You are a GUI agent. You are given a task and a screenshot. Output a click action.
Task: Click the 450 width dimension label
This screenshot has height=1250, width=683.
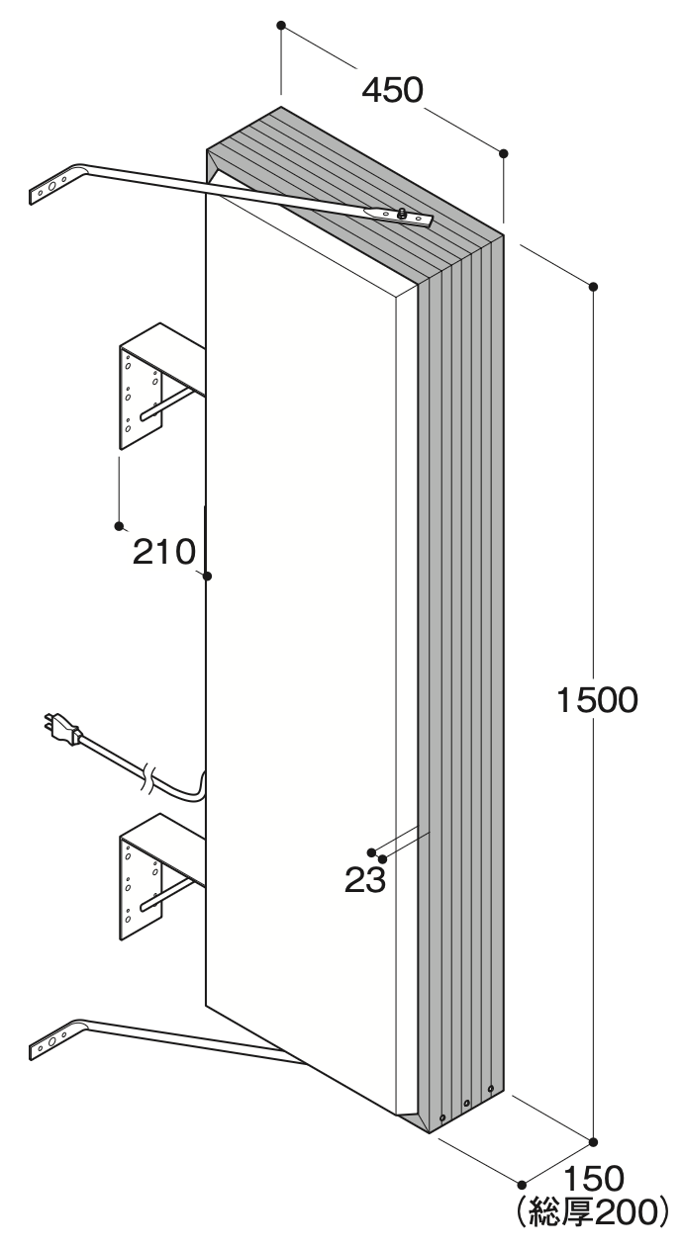coord(393,90)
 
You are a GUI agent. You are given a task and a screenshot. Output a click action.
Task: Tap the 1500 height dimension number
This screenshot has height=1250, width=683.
coord(597,700)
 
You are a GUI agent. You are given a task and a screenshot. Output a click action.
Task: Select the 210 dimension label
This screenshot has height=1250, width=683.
coord(164,552)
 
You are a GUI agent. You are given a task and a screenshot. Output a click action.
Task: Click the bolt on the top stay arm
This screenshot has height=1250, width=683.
coord(401,213)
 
